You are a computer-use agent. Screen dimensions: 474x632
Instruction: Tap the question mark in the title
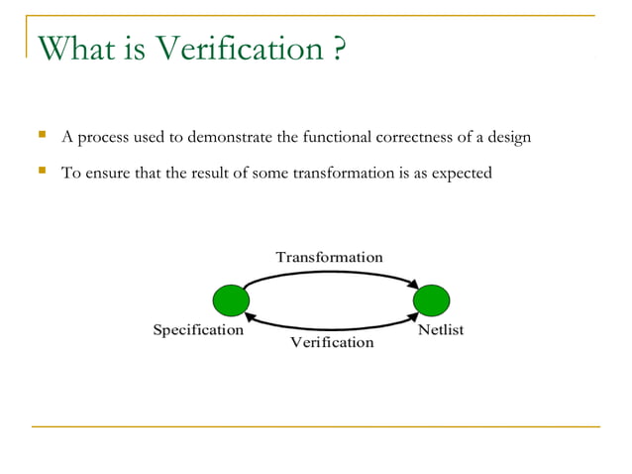click(338, 48)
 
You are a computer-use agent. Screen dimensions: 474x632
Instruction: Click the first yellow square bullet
click(41, 135)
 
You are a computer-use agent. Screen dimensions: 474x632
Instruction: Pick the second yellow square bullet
click(41, 172)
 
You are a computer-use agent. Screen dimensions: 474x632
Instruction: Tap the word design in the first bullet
click(508, 137)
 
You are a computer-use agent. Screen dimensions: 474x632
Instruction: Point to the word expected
click(461, 175)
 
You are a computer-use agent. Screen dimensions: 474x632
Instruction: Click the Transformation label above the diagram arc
click(329, 257)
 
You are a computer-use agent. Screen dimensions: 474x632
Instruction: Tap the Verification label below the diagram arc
click(332, 342)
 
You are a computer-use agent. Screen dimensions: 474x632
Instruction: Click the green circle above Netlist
click(432, 299)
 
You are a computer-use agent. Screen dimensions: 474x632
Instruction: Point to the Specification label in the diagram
click(197, 330)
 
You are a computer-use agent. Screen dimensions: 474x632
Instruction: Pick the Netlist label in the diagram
click(441, 330)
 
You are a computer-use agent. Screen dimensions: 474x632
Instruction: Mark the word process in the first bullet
click(106, 138)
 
